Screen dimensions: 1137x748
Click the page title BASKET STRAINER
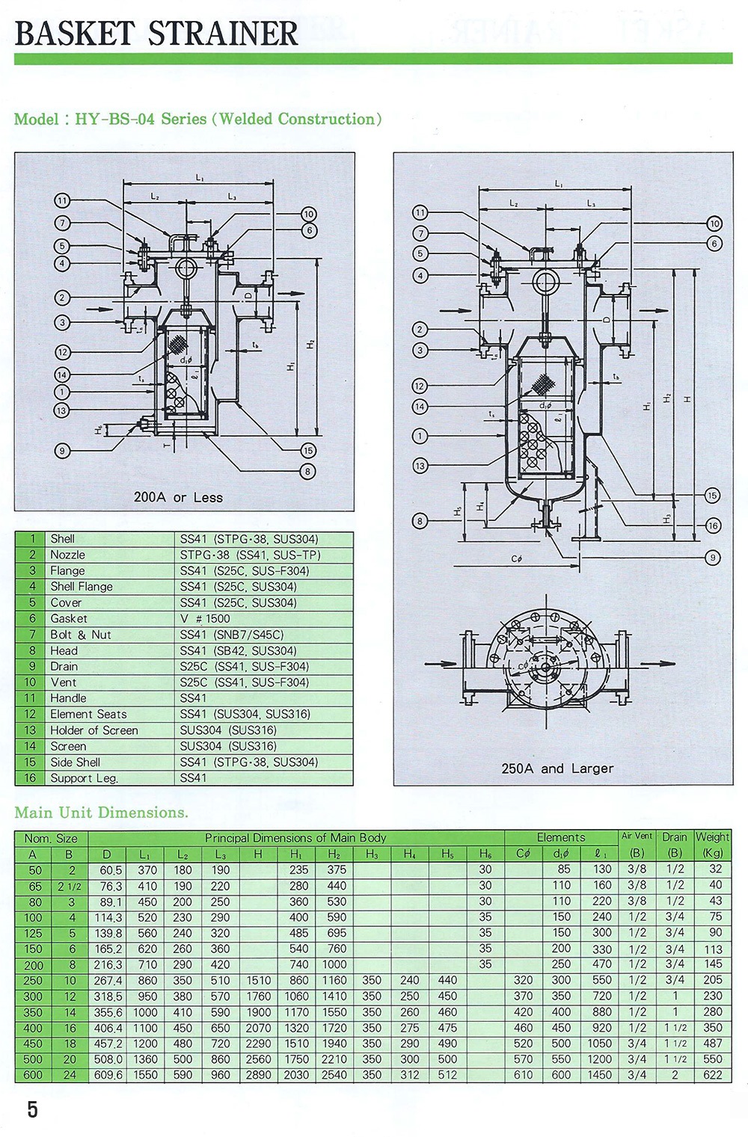[156, 33]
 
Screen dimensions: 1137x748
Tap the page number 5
[32, 1109]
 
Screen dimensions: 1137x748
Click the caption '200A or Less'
[178, 497]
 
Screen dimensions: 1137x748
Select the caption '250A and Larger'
[557, 768]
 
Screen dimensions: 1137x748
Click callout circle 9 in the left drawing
[62, 450]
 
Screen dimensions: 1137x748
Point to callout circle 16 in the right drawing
[713, 526]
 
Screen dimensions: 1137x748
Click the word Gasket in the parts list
[68, 618]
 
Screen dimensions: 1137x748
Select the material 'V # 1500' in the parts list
[205, 618]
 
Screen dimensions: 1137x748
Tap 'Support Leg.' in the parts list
[84, 778]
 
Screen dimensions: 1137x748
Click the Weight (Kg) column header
[712, 844]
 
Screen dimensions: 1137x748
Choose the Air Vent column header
[637, 836]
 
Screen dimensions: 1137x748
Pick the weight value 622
[713, 1075]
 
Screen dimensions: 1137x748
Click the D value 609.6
[108, 1075]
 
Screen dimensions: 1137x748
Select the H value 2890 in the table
[258, 1075]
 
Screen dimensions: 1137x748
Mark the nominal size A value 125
[33, 933]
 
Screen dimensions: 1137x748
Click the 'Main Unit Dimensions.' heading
[101, 813]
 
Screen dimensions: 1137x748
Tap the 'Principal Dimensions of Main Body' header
[295, 838]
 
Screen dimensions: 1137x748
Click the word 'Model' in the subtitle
[37, 120]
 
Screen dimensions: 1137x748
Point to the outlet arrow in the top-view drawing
[657, 663]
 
